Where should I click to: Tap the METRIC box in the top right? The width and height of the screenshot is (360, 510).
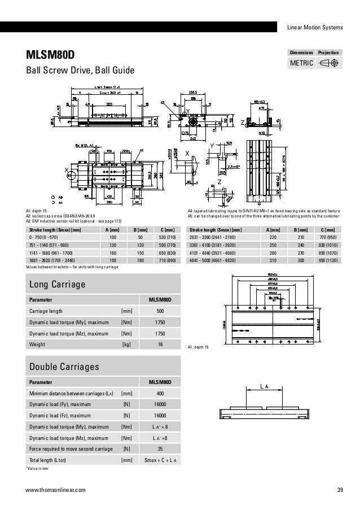pos(302,63)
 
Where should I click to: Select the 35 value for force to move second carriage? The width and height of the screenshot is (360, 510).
pos(160,449)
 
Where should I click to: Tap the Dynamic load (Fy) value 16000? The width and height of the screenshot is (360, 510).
pos(160,404)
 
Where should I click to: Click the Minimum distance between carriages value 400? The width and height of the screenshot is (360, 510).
pos(160,394)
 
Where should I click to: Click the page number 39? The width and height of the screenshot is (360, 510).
pos(340,490)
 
